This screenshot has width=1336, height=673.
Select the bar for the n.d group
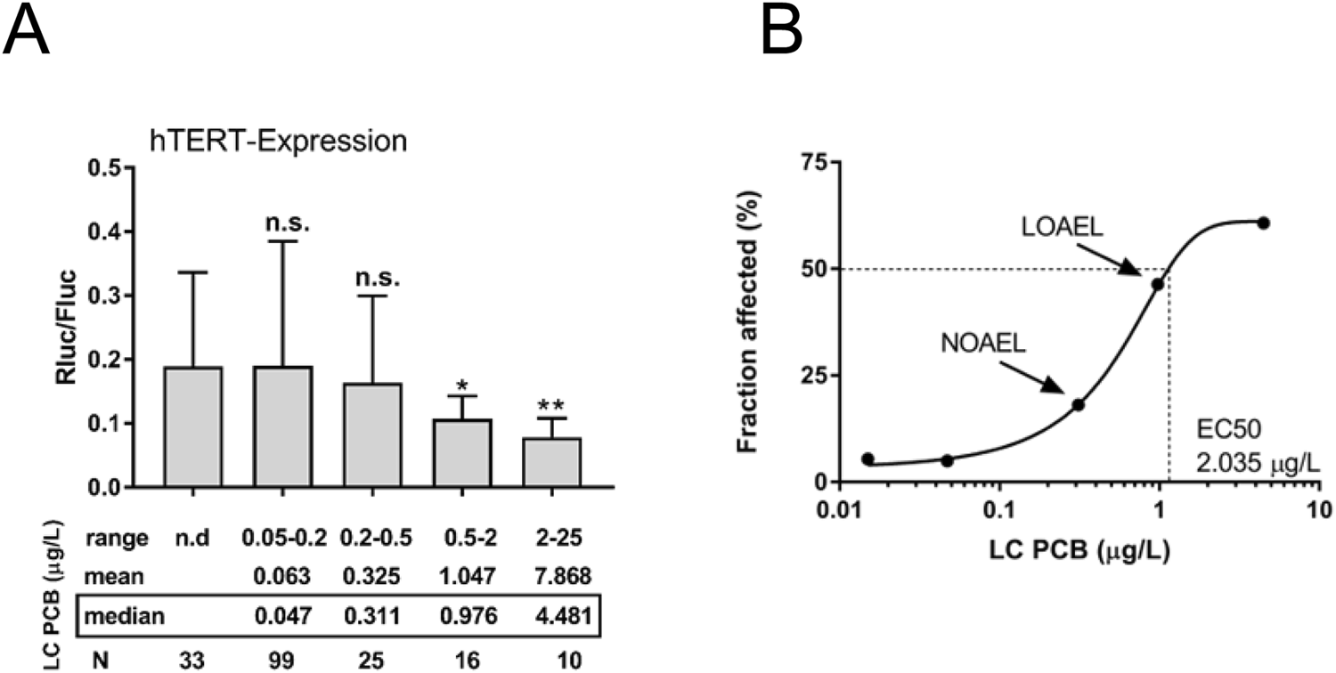click(193, 426)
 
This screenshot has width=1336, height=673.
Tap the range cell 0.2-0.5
click(372, 538)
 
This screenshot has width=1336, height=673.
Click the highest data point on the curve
click(1263, 223)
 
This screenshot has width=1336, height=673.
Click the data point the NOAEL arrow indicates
click(1078, 404)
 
